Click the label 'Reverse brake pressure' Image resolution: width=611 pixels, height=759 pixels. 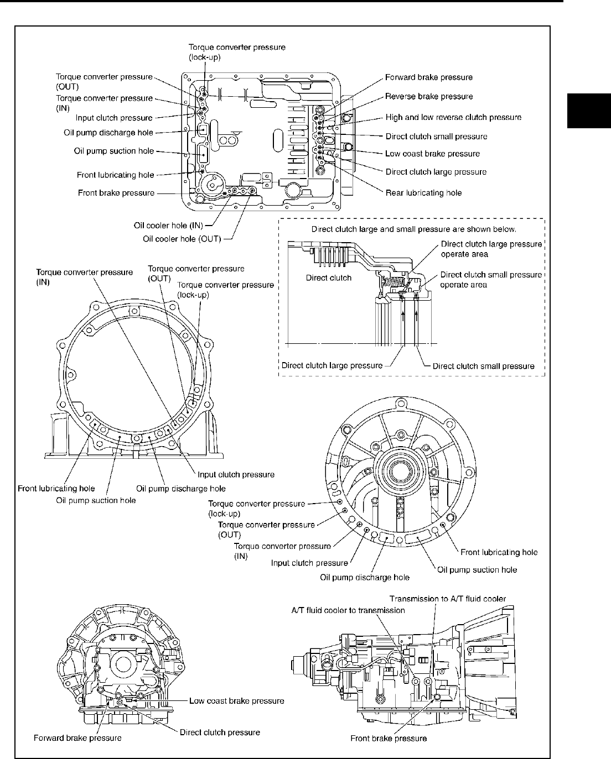point(429,96)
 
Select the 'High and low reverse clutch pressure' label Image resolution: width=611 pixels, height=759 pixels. point(453,117)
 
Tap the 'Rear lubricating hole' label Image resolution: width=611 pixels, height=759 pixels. point(423,193)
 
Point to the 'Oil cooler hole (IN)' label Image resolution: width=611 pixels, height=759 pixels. point(168,226)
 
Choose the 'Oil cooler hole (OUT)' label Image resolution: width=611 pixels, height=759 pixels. point(182,239)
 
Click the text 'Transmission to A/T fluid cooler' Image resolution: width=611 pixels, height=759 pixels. point(447,599)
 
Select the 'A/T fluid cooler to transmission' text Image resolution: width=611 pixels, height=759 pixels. point(348,610)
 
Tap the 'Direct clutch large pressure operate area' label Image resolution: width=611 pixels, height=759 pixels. point(491,249)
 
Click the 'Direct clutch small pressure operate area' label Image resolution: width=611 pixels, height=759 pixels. point(491,279)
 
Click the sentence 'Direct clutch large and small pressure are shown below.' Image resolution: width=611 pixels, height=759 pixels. point(414,228)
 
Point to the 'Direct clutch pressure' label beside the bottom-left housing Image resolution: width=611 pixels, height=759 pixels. point(220,732)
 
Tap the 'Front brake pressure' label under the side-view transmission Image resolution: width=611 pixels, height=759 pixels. point(389,738)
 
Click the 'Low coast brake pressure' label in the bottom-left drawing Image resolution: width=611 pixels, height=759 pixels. point(236,701)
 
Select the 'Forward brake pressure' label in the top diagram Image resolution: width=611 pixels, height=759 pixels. point(429,77)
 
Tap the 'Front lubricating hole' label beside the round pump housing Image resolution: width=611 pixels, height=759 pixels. point(499,552)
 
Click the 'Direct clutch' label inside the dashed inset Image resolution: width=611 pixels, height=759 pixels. point(329,278)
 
